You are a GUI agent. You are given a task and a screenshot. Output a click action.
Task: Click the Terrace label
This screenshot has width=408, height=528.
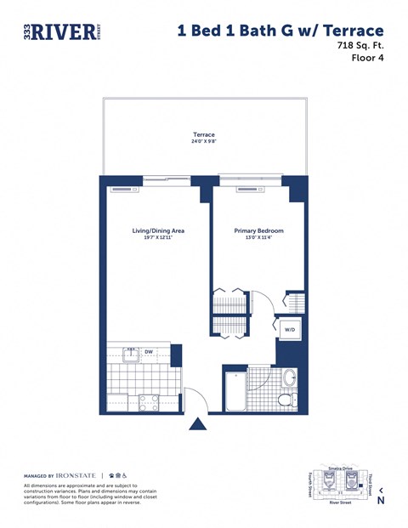click(203, 134)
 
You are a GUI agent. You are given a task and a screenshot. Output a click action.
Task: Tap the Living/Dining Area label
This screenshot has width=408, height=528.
click(158, 230)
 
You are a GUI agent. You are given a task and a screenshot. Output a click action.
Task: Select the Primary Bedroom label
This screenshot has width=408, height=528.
click(258, 230)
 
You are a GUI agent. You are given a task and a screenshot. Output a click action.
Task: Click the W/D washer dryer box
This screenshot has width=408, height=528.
click(289, 330)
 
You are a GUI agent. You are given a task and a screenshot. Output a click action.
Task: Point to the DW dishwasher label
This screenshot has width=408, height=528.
click(148, 351)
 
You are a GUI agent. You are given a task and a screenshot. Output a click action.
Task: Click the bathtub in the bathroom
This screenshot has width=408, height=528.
click(235, 392)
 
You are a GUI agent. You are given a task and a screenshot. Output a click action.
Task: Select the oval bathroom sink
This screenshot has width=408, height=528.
click(289, 378)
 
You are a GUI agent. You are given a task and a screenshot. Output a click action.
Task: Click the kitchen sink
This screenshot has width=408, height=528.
click(129, 355)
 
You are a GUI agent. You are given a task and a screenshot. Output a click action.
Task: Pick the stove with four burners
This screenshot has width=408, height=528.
click(150, 402)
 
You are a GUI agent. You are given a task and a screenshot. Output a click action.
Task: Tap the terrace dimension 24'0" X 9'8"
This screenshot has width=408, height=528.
click(203, 142)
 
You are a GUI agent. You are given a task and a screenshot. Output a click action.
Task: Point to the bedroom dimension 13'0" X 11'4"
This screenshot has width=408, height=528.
click(258, 238)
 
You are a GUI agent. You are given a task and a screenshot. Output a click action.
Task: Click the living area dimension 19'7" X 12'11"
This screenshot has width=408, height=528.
click(158, 238)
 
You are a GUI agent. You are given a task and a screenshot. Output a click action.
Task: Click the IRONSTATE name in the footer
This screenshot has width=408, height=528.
click(76, 474)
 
